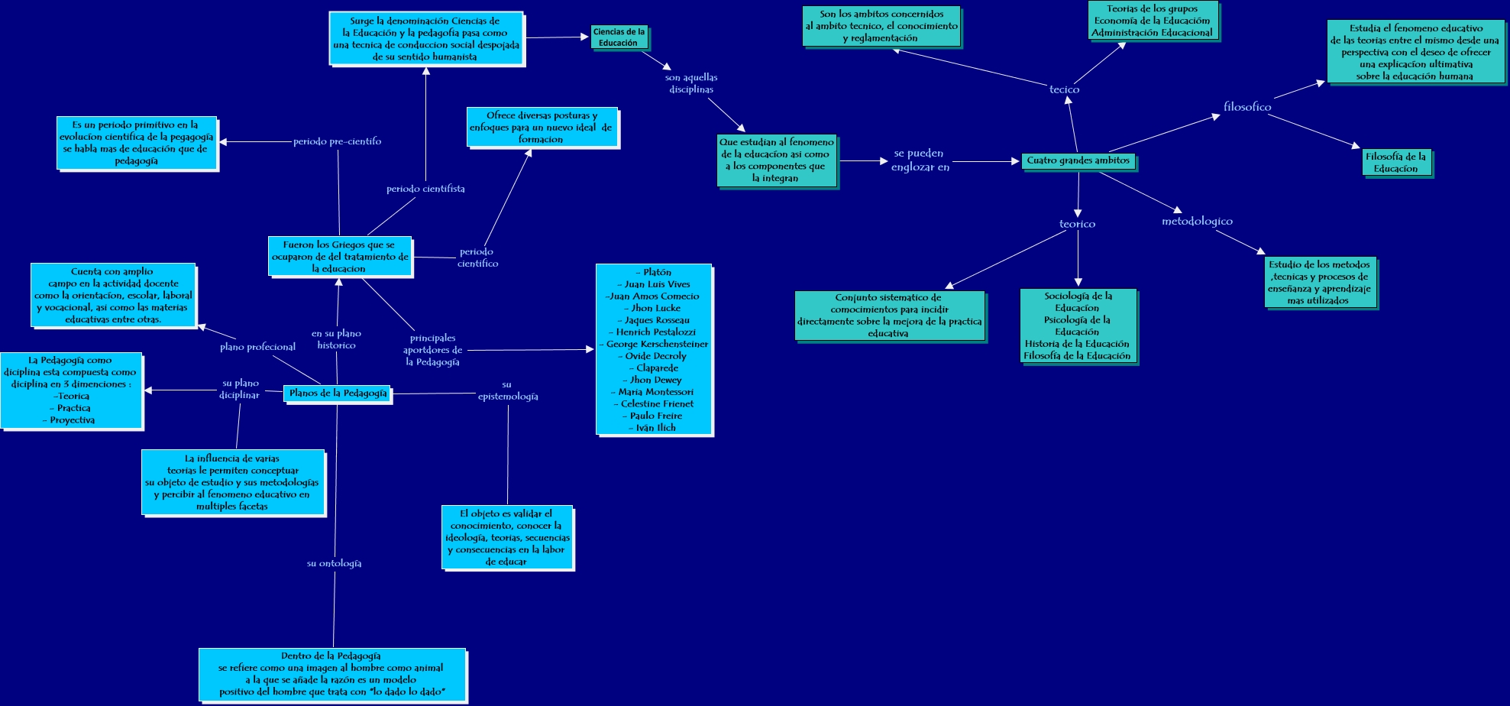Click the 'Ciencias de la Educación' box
tap(619, 37)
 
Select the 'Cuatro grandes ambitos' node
tap(1078, 160)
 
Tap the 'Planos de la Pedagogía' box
tap(338, 393)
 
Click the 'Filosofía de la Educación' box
tap(1395, 163)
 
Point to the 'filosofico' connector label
tap(1247, 107)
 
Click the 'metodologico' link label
tap(1197, 221)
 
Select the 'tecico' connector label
tap(1064, 89)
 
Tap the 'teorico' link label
tap(1077, 224)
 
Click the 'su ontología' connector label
tap(334, 563)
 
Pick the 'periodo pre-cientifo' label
tap(337, 141)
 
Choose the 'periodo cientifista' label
tap(425, 189)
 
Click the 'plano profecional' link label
tap(257, 347)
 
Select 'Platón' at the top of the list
tap(655, 272)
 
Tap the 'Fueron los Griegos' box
tap(340, 257)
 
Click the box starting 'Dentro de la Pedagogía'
tap(331, 674)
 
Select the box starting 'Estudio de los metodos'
tap(1319, 283)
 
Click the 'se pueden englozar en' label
tap(920, 160)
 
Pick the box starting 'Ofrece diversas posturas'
tap(542, 128)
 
